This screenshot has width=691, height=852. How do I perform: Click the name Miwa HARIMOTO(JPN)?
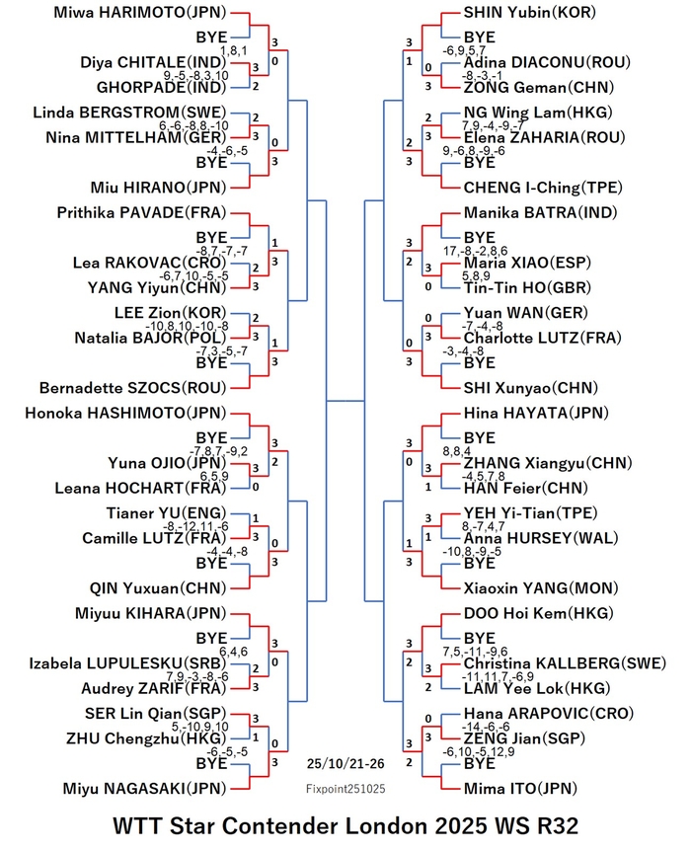pyautogui.click(x=139, y=13)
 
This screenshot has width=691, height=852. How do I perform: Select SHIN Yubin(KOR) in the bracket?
pyautogui.click(x=530, y=13)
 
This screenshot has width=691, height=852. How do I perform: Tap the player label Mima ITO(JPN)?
pyautogui.click(x=520, y=789)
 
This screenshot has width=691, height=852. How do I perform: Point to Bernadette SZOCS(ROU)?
pyautogui.click(x=132, y=388)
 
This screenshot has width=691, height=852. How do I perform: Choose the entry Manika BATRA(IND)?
pyautogui.click(x=541, y=212)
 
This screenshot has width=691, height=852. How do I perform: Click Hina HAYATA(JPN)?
pyautogui.click(x=536, y=413)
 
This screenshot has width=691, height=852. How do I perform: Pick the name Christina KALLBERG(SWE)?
pyautogui.click(x=565, y=663)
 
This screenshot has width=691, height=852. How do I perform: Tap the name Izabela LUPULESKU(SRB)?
pyautogui.click(x=127, y=663)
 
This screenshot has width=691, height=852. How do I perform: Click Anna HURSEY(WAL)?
pyautogui.click(x=541, y=538)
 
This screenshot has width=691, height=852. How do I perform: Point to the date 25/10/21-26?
pyautogui.click(x=345, y=764)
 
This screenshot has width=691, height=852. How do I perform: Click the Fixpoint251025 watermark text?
pyautogui.click(x=345, y=789)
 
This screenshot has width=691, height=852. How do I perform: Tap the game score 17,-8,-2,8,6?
pyautogui.click(x=476, y=251)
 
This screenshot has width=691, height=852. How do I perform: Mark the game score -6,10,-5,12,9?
pyautogui.click(x=479, y=752)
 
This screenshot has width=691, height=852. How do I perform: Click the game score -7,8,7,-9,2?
pyautogui.click(x=218, y=451)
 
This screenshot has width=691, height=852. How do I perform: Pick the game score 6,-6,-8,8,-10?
pyautogui.click(x=193, y=126)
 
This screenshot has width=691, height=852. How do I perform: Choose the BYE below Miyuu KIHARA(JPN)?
pyautogui.click(x=211, y=639)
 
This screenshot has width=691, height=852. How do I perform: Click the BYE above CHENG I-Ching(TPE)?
pyautogui.click(x=480, y=163)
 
